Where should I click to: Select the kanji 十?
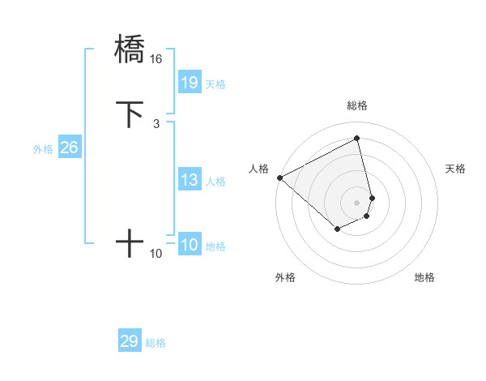tap(130, 243)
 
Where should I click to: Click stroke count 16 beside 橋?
tap(156, 59)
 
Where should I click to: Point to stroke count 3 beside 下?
tap(156, 124)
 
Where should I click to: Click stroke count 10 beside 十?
tap(156, 254)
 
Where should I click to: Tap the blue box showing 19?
tap(189, 83)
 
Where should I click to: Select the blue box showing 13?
tap(189, 180)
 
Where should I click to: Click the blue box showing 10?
tap(189, 245)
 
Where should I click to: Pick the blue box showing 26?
tap(69, 148)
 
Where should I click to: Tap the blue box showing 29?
tap(130, 341)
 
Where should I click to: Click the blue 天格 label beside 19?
tap(215, 84)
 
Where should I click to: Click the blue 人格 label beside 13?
tap(215, 182)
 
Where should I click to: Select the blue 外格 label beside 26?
tap(43, 149)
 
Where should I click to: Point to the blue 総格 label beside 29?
tap(156, 343)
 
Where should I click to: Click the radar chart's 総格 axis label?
tap(356, 105)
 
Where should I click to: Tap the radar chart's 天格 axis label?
tap(455, 169)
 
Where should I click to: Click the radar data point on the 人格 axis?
tap(279, 177)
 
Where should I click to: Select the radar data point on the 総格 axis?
tap(357, 138)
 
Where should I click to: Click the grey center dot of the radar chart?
tap(356, 202)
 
